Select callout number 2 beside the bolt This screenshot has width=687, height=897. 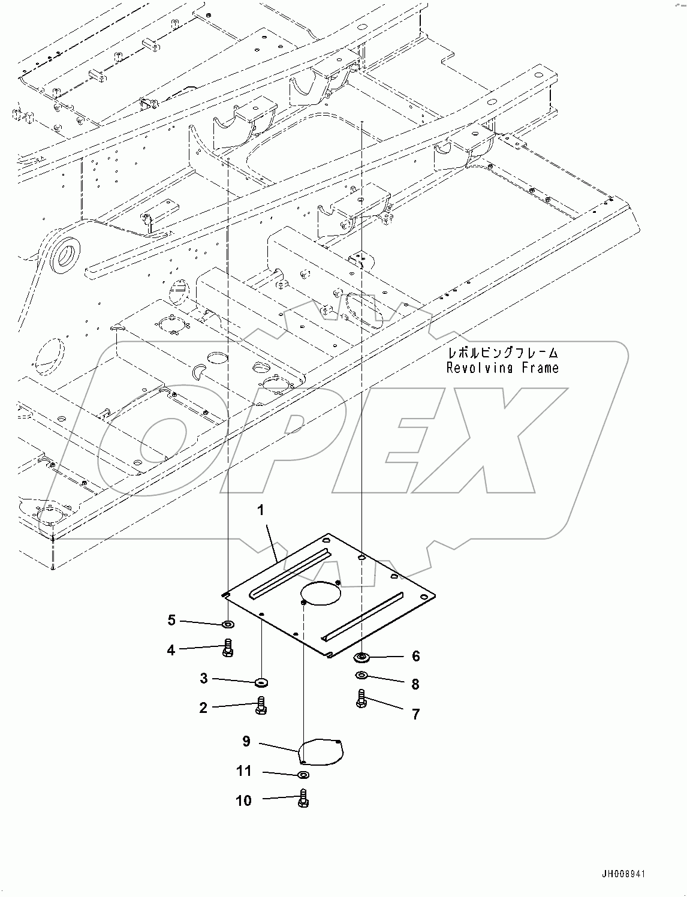[x=203, y=708]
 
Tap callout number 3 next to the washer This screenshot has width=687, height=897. [x=204, y=678]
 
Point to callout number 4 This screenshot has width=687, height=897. [x=171, y=649]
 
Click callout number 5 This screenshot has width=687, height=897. [x=171, y=620]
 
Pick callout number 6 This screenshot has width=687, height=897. [x=416, y=656]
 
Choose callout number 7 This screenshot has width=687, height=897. [x=415, y=714]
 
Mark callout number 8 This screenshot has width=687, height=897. [x=415, y=684]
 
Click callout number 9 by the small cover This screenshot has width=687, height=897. [x=246, y=742]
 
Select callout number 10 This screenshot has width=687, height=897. [x=244, y=800]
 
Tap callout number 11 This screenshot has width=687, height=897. [x=244, y=770]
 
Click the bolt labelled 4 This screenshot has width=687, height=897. [x=228, y=648]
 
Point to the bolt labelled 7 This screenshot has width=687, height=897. [x=361, y=699]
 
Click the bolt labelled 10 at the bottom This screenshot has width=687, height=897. [x=303, y=799]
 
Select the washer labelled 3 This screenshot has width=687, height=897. [x=261, y=682]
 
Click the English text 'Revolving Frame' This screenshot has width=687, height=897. [x=502, y=368]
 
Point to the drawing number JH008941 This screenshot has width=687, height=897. [x=620, y=875]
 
